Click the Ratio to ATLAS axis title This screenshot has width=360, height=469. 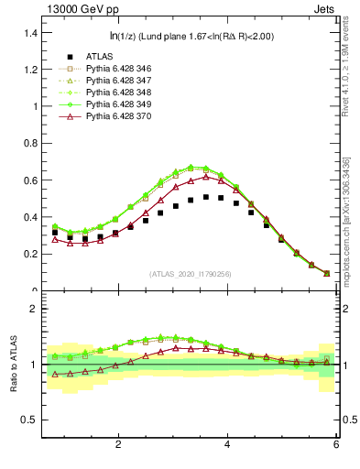(13, 365)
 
